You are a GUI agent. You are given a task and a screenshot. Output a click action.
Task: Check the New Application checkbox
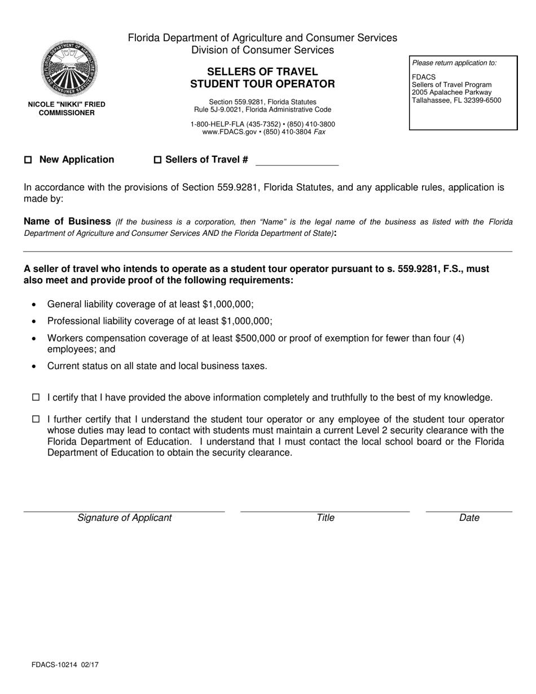28,160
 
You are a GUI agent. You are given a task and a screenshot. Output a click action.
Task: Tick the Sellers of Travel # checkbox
158,160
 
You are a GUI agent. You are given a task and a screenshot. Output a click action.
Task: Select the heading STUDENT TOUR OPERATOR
262,84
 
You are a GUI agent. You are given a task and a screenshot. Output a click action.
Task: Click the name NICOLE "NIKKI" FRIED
67,104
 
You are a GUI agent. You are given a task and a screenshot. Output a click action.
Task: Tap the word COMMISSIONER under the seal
67,113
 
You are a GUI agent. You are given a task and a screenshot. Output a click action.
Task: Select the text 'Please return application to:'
454,63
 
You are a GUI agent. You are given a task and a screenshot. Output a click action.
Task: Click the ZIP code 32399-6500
480,100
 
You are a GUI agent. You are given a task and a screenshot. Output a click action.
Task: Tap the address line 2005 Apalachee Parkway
451,93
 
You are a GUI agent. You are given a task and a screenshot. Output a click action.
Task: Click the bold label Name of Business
67,221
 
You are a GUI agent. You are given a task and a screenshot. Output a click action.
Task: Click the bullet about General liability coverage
150,304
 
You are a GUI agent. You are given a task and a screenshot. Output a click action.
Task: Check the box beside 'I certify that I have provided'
36,398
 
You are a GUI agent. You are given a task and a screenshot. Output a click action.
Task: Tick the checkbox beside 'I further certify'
36,419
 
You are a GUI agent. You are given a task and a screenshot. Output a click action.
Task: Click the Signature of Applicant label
124,517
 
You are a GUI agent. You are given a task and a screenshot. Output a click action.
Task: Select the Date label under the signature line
469,517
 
